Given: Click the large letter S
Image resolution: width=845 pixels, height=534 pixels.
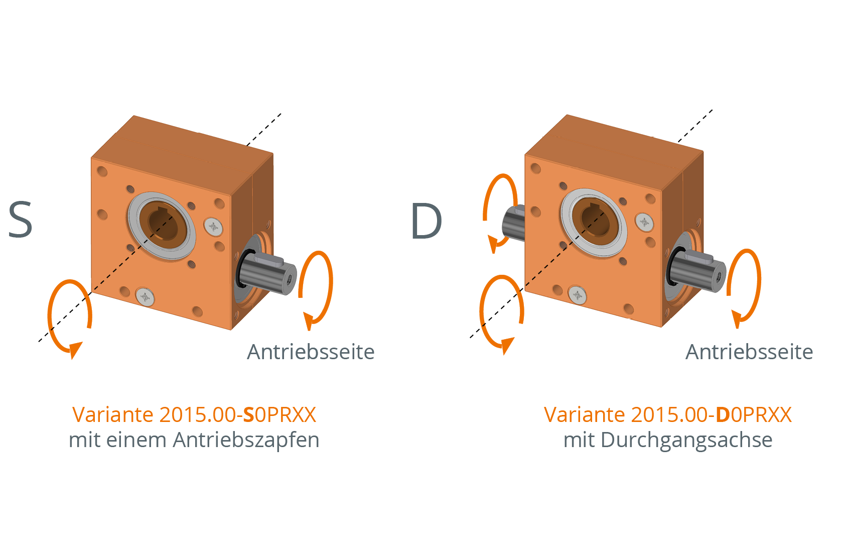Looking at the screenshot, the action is point(21,220).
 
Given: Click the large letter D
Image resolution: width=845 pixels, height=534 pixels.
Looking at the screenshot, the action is point(427,221).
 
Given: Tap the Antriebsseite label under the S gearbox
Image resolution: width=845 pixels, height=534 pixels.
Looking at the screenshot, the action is point(311,352).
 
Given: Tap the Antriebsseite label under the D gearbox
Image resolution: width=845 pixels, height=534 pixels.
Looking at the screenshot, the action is point(749,352).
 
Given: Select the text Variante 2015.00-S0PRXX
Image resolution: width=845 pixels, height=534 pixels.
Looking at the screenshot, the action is point(194,414).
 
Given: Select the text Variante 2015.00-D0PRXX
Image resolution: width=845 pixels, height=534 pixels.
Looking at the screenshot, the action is point(668,414).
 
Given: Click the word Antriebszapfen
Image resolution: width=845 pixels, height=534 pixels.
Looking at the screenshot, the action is point(246,441).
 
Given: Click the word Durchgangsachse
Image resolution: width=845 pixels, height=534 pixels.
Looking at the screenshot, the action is point(686,441).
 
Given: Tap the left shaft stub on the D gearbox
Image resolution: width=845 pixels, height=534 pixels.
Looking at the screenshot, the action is point(513,223).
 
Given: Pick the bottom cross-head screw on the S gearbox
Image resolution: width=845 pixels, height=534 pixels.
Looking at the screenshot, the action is point(145,297).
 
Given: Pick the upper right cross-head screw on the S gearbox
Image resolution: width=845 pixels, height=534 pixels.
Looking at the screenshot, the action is point(213,227).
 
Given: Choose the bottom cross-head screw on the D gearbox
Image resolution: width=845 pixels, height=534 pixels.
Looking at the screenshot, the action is point(577,295).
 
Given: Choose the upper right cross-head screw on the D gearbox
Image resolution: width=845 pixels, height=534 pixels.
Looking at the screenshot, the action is point(644,223).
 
